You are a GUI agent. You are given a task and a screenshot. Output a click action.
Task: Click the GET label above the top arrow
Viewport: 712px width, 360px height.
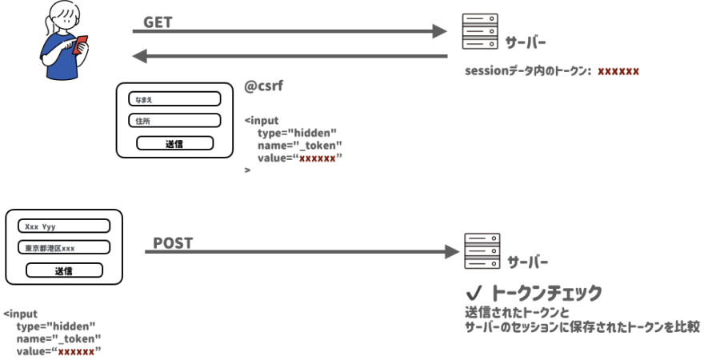pos(158,22)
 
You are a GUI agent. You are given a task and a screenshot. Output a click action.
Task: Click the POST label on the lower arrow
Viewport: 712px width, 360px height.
pos(173,243)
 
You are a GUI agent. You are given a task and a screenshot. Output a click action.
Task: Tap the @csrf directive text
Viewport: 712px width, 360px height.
pos(264,86)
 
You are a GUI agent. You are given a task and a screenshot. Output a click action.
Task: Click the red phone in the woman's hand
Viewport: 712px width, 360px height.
pos(79,46)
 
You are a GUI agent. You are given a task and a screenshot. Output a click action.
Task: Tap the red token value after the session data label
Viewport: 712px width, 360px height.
pos(618,71)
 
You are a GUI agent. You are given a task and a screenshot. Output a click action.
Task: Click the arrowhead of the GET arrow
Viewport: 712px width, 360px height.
pos(439,31)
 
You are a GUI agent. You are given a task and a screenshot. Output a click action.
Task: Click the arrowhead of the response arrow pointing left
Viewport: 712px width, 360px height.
pos(139,56)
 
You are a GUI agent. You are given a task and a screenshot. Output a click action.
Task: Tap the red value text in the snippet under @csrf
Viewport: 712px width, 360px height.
pos(317,158)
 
